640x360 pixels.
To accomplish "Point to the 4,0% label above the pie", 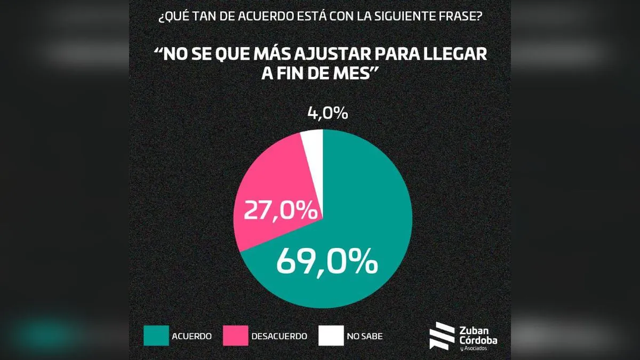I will (327, 114).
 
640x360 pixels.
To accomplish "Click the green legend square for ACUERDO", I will (155, 336).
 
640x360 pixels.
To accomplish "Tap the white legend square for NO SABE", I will (330, 336).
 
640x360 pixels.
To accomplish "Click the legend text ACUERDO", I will (192, 337).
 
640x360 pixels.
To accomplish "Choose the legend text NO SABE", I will (365, 337).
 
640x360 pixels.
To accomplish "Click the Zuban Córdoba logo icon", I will (441, 336).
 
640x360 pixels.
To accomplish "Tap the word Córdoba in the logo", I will (477, 340).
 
